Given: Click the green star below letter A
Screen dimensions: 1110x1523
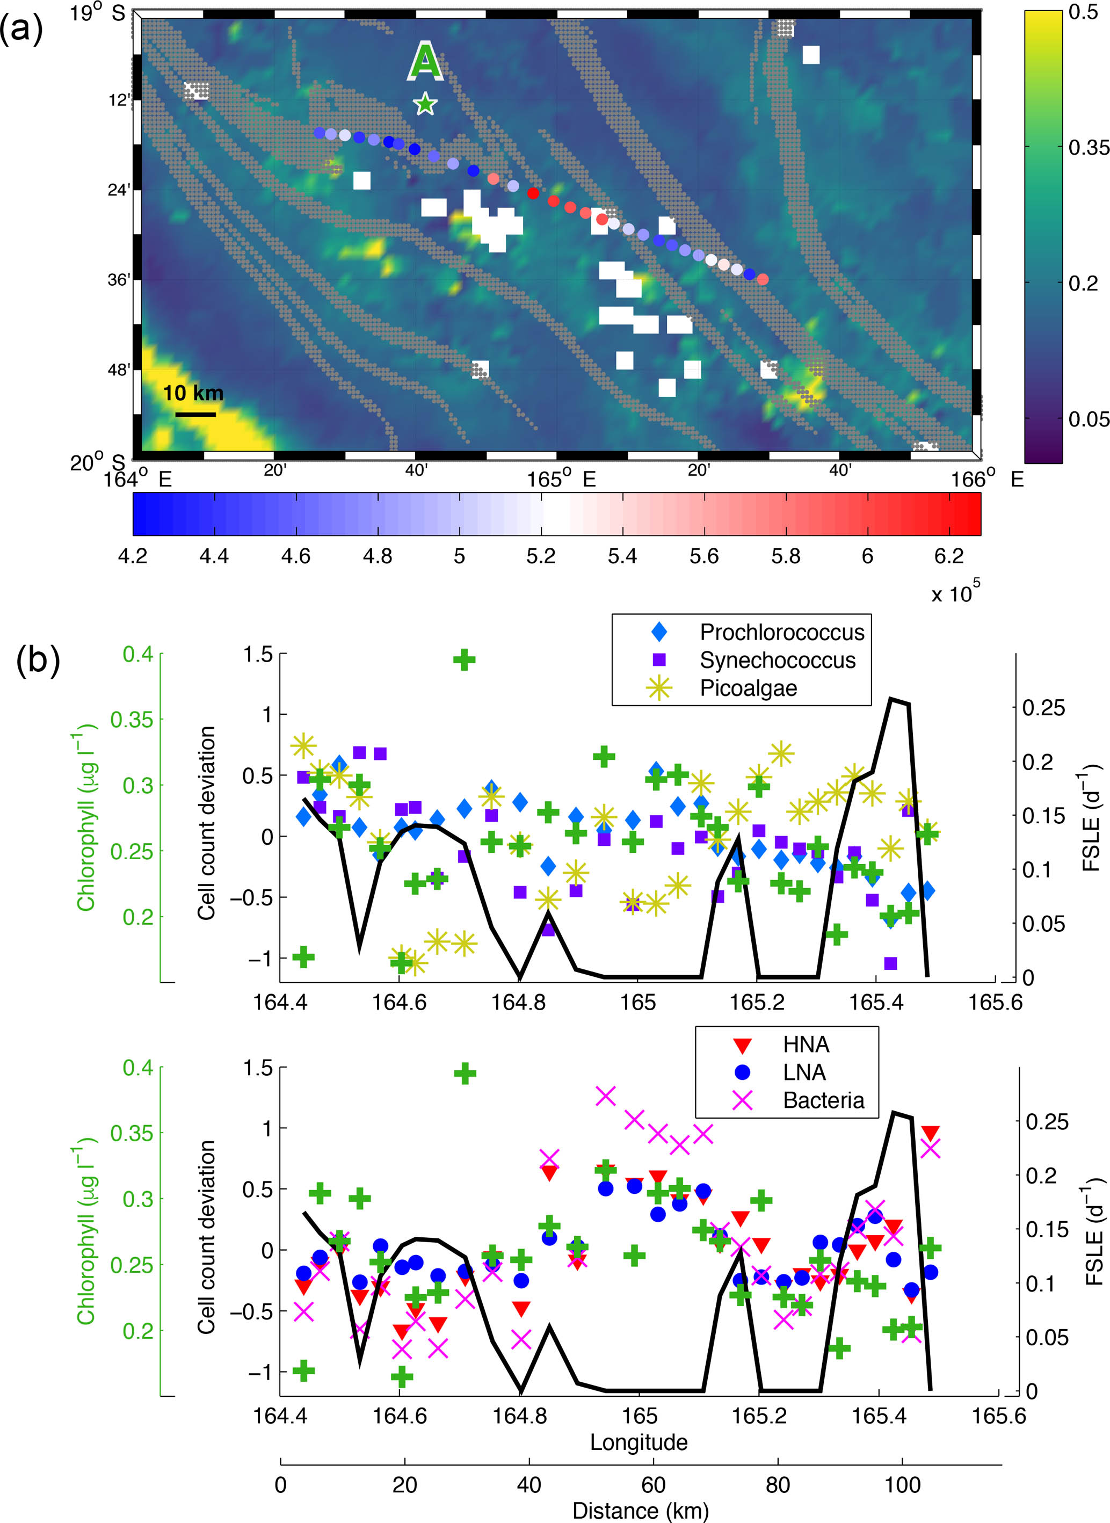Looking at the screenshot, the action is coord(425,104).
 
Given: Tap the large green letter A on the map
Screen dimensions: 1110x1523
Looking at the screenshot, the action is coord(426,61).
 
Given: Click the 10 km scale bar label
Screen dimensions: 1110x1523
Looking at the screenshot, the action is coord(193,393).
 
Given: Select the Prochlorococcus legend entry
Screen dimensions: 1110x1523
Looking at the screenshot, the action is coord(757,632).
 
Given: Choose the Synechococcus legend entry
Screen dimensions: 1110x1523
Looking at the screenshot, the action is coord(753,661).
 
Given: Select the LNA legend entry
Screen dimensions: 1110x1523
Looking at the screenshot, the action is coord(779,1072).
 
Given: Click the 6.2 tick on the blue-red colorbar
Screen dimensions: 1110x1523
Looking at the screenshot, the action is coord(949,556).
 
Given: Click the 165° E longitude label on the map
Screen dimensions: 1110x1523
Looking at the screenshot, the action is coord(562,479).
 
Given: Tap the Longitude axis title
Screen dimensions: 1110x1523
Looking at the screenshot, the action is coord(639,1442).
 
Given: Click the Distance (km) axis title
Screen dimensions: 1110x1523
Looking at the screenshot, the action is coord(640,1510).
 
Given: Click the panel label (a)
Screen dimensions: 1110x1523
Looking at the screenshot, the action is coord(21,28).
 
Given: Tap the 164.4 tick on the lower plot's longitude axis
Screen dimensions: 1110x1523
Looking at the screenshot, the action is coord(280,1416).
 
